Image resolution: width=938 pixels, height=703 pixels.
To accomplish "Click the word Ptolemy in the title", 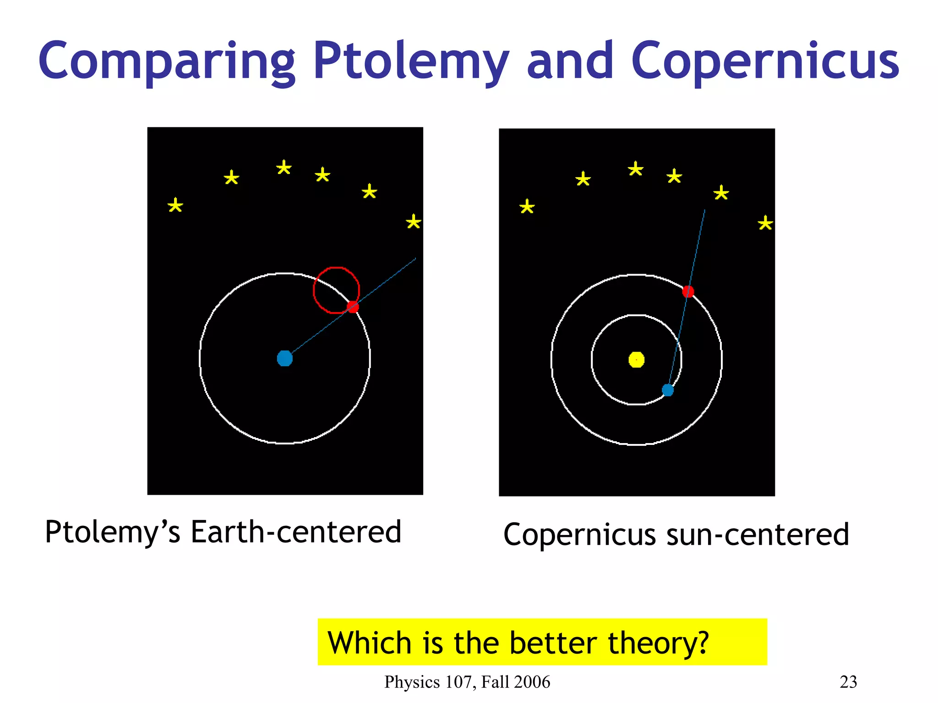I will click(411, 62).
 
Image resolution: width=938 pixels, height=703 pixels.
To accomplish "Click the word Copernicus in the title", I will click(765, 62).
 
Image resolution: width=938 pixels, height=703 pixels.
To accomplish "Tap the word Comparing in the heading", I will click(167, 62).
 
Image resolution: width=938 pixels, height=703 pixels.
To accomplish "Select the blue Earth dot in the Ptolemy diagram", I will click(285, 358).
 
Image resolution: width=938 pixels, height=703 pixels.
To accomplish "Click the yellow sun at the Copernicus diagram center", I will click(637, 360).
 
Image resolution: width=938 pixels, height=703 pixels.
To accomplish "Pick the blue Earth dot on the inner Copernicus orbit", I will click(668, 390).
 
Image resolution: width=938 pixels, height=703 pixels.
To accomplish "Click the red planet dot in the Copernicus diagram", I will click(688, 292).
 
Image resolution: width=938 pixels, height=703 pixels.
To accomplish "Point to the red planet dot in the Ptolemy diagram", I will click(353, 307).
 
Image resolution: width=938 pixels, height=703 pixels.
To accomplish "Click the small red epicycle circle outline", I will click(314, 290).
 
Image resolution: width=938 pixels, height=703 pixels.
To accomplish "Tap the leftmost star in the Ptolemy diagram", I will click(175, 205).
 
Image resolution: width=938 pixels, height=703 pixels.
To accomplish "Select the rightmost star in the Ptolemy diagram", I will click(414, 222).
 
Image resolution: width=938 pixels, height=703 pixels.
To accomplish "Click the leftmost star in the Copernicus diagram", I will click(527, 207).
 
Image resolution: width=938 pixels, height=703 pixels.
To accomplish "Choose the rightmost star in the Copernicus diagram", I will click(765, 223).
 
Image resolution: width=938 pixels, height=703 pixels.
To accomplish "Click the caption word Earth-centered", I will click(296, 532).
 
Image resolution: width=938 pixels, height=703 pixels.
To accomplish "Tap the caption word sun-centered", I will click(758, 535).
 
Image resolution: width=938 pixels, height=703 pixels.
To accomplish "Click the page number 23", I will click(848, 682).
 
